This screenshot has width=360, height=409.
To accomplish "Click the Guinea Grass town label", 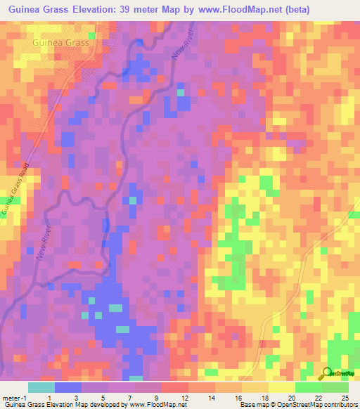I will pos(60,43).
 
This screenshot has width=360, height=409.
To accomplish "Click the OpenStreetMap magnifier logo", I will pos(327,374).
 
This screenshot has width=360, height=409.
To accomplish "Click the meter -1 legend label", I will pos(15,398).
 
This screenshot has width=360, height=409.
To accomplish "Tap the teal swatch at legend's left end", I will pos(41,388).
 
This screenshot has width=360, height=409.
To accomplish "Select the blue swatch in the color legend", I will pos(68,388).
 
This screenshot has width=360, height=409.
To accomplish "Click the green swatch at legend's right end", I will pos(335,388).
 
